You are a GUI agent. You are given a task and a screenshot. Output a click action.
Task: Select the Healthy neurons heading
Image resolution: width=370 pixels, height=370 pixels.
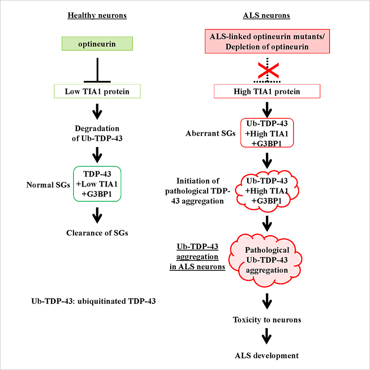98,16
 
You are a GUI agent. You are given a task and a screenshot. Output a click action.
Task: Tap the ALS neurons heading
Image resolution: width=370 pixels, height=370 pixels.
267,16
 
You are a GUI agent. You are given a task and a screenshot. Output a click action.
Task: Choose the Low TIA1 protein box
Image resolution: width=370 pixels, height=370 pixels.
98,91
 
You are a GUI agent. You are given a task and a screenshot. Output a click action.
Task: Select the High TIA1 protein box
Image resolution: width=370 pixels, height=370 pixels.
267,91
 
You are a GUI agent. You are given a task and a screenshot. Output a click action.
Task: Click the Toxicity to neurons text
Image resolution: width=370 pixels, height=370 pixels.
267,320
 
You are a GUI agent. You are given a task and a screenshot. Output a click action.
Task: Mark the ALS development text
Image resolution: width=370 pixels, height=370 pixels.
267,355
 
